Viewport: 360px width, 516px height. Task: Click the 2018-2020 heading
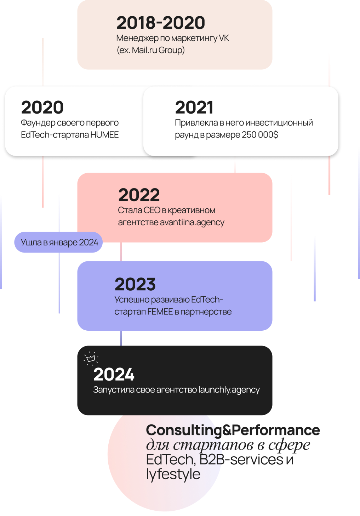(x=161, y=23)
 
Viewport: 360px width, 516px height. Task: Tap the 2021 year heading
(x=194, y=108)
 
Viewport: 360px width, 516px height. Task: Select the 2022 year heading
(x=139, y=195)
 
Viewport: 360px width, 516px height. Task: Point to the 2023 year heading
(x=135, y=284)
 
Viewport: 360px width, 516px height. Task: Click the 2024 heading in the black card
(x=114, y=375)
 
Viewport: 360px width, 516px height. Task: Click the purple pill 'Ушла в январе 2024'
(x=59, y=243)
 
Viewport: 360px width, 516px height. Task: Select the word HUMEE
(x=104, y=135)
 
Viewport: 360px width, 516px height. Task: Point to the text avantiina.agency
(x=192, y=222)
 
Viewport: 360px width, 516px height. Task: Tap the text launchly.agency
(x=229, y=390)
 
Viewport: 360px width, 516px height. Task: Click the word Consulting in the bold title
(x=183, y=430)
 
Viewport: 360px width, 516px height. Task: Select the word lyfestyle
(x=173, y=474)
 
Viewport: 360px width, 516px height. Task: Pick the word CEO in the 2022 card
(x=152, y=210)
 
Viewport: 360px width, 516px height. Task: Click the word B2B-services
(x=241, y=460)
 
